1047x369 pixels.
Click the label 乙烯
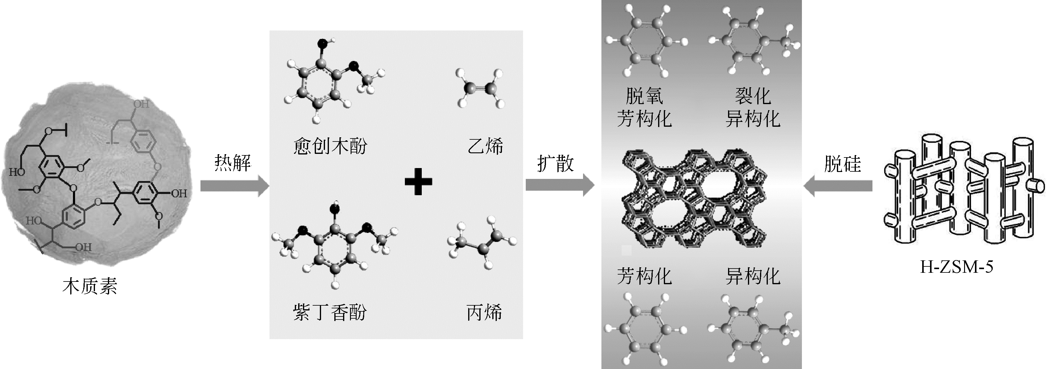click(485, 146)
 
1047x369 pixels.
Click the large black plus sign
click(418, 181)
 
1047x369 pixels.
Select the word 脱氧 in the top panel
click(644, 96)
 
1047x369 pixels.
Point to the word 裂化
click(753, 96)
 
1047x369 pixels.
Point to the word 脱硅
click(843, 164)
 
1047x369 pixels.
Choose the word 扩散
click(555, 163)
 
